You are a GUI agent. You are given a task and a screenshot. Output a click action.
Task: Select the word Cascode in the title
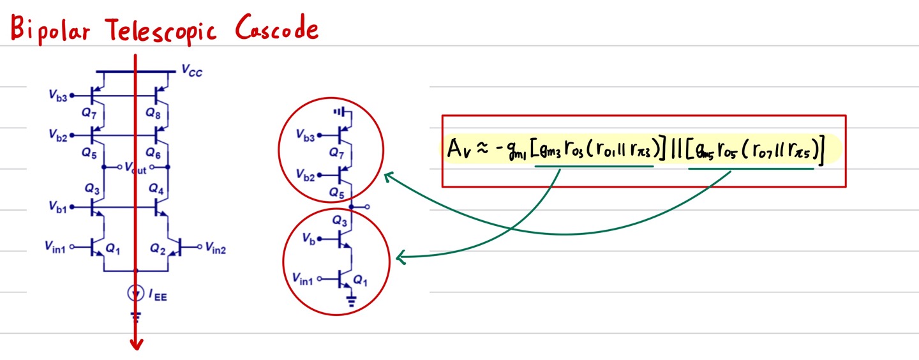276,29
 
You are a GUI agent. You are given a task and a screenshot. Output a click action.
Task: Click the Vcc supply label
192,71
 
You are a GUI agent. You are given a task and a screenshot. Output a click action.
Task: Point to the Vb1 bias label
57,207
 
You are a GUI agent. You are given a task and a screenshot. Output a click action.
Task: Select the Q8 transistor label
153,113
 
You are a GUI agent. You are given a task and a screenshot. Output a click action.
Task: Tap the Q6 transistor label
153,153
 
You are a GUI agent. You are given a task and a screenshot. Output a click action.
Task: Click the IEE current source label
158,295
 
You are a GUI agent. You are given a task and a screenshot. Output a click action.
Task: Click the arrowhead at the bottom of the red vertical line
136,344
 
